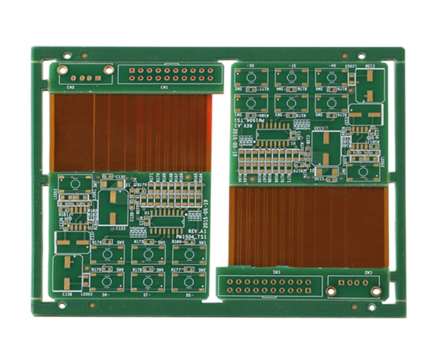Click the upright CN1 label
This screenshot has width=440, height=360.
[164, 87]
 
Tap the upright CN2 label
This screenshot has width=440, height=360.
[71, 87]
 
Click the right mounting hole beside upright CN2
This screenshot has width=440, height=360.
[109, 70]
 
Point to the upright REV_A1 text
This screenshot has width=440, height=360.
[196, 231]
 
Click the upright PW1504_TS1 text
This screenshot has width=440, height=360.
[191, 238]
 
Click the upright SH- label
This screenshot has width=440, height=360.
[106, 295]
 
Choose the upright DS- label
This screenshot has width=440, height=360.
[189, 295]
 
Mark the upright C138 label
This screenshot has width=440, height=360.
[67, 294]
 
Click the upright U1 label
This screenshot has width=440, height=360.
[147, 211]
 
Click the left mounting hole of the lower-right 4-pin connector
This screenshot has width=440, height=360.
[331, 291]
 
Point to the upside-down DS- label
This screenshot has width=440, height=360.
[251, 66]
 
